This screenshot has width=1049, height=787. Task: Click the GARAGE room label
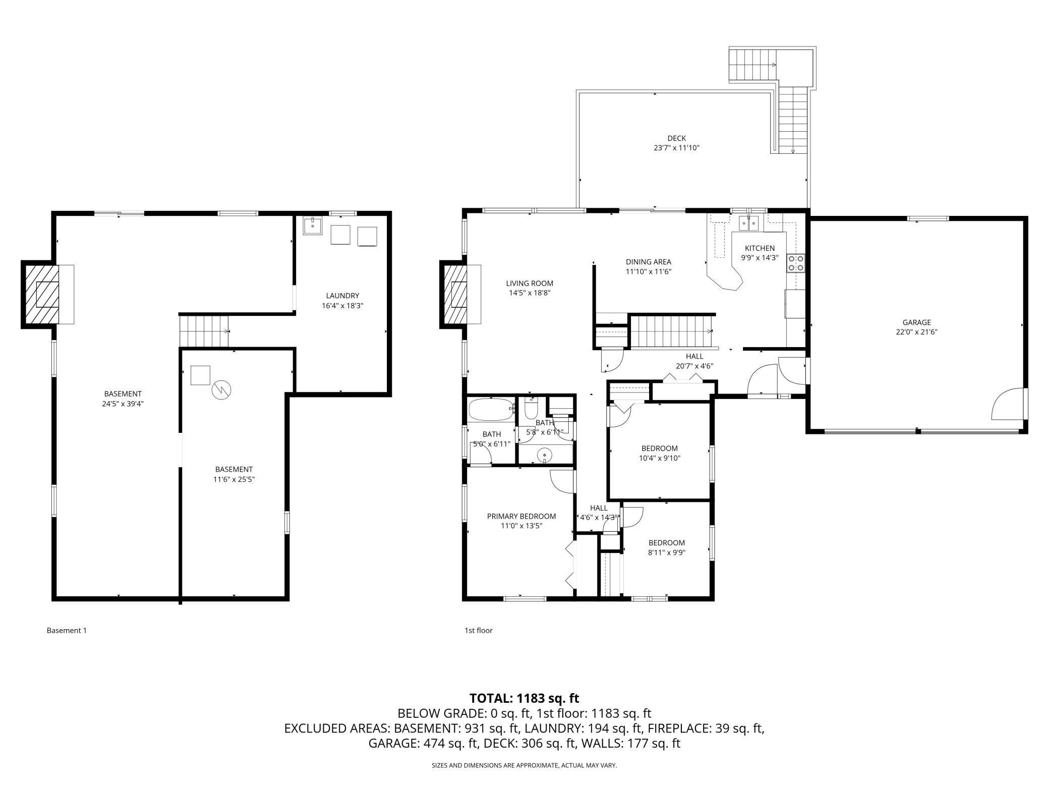pyautogui.click(x=916, y=322)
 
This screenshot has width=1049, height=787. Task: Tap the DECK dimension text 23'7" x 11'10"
pyautogui.click(x=676, y=148)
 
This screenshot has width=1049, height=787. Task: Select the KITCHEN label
pyautogui.click(x=760, y=248)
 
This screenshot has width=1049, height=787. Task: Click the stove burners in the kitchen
pyautogui.click(x=796, y=263)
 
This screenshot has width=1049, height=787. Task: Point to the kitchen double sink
pyautogui.click(x=748, y=222)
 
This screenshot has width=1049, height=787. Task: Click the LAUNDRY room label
pyautogui.click(x=342, y=296)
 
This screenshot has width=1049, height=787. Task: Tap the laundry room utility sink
pyautogui.click(x=313, y=226)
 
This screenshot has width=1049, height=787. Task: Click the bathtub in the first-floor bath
pyautogui.click(x=491, y=410)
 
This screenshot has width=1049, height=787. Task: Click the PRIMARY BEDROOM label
pyautogui.click(x=521, y=516)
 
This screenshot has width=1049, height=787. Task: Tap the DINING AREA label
pyautogui.click(x=648, y=262)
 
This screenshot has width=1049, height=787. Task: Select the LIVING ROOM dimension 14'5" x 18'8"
pyautogui.click(x=529, y=293)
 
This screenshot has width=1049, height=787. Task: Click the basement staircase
pyautogui.click(x=204, y=331)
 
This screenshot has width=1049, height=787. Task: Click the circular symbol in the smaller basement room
pyautogui.click(x=221, y=389)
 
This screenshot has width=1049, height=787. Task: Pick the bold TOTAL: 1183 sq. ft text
pyautogui.click(x=524, y=698)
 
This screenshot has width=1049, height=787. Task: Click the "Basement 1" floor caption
pyautogui.click(x=67, y=630)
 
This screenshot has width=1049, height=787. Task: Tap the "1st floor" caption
pyautogui.click(x=478, y=630)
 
